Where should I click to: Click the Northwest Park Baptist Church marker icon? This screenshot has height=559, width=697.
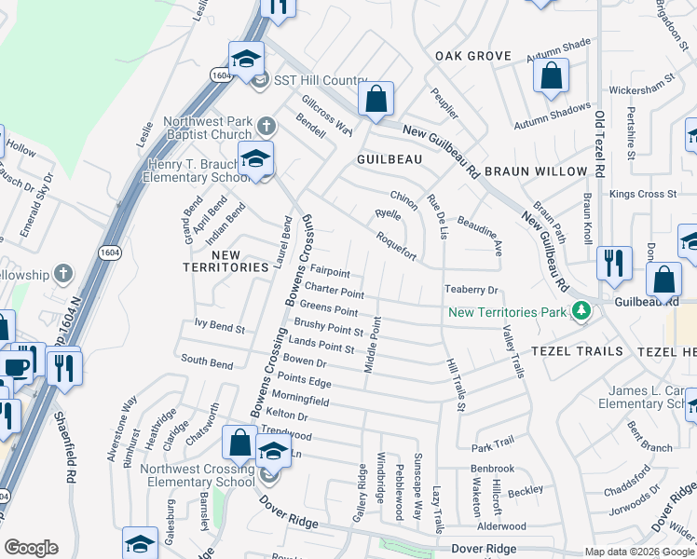tap(266, 125)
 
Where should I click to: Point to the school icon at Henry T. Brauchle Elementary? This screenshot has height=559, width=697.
tap(255, 158)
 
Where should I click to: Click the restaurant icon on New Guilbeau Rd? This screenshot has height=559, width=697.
tap(614, 263)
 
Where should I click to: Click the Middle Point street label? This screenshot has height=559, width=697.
tap(373, 346)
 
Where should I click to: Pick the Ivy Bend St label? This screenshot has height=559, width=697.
tap(219, 329)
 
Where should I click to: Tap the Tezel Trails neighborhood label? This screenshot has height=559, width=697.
tap(576, 350)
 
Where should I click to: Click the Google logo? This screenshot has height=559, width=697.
tap(32, 548)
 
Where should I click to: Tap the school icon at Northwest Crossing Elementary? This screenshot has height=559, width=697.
tap(272, 453)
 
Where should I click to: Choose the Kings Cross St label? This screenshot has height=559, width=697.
tap(643, 194)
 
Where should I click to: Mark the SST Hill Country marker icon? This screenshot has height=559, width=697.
tap(260, 78)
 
